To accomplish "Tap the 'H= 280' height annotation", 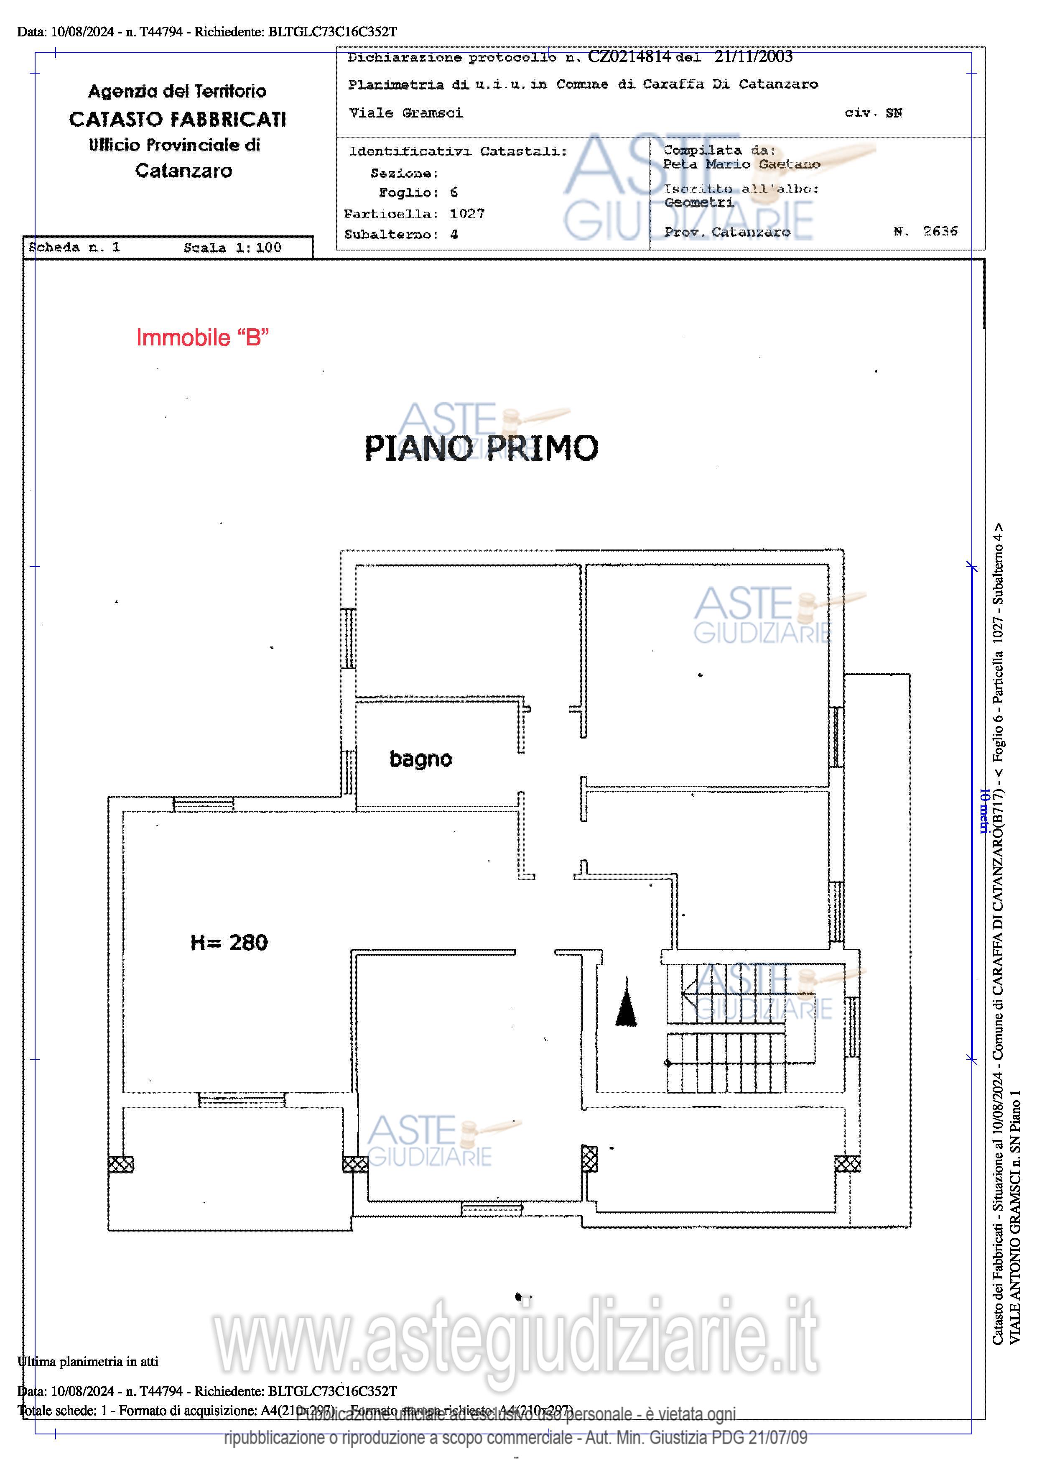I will coord(229,943).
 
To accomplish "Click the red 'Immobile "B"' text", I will coord(202,337).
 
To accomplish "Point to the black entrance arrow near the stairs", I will coord(626,1003).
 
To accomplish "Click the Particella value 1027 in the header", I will coord(467,213).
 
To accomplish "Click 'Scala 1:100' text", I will coord(232,248).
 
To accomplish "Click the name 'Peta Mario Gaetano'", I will coord(741,164).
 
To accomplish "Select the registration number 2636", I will coord(940,231).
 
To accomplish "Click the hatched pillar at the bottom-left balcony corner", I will coord(121,1164).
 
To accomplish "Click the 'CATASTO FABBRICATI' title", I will coord(178,120).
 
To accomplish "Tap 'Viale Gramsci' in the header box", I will coord(406,113).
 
